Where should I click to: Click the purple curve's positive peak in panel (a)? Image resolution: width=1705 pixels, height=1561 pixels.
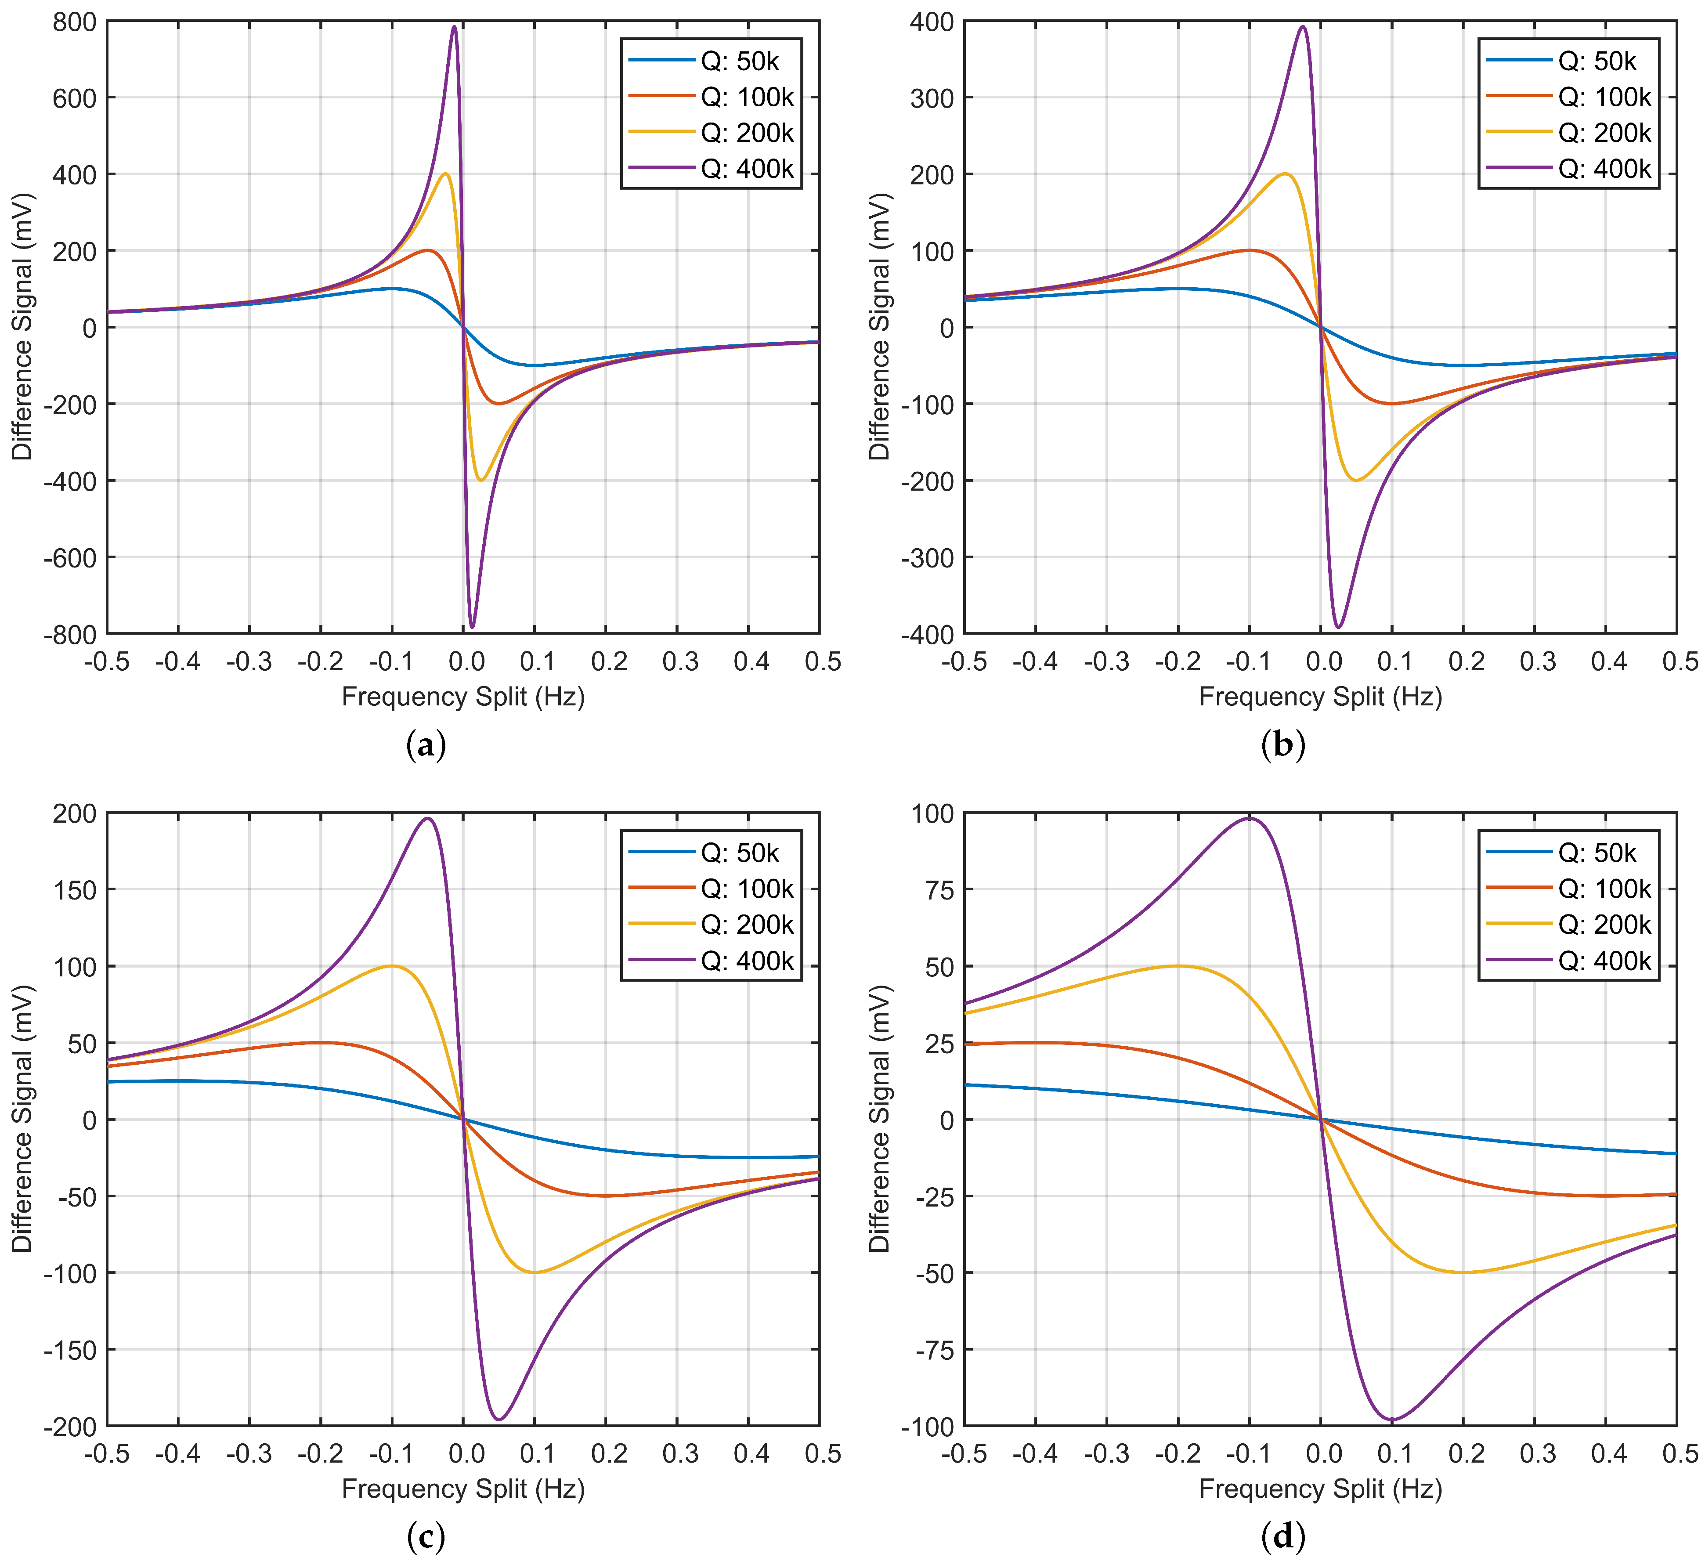(x=454, y=27)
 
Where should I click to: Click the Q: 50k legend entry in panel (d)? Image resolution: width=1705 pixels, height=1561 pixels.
(x=1597, y=853)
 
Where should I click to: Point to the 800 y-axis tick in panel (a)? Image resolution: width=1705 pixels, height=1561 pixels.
(x=74, y=21)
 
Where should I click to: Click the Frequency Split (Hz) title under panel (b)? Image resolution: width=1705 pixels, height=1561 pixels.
(x=1320, y=697)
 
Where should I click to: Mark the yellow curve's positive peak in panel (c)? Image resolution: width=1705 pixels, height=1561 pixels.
(x=392, y=966)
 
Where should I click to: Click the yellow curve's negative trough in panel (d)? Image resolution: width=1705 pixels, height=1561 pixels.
(x=1463, y=1272)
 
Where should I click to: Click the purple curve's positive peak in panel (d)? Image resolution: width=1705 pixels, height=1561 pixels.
(x=1249, y=818)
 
